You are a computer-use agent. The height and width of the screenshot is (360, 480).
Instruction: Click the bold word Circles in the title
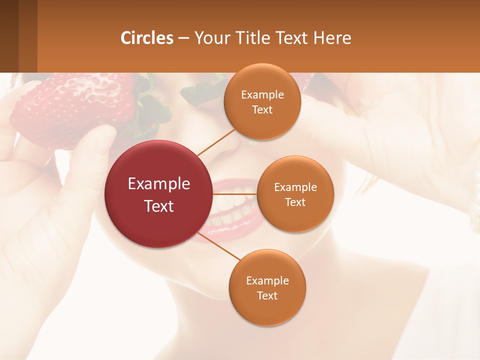(x=147, y=38)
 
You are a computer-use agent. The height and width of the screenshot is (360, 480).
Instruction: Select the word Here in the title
(x=332, y=38)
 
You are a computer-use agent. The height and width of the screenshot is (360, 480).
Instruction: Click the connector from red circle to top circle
(x=216, y=141)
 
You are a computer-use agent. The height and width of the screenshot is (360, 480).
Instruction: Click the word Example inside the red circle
(x=159, y=184)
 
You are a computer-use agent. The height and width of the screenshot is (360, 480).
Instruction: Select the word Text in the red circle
(x=159, y=206)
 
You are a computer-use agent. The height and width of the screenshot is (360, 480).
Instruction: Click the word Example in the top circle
(x=262, y=95)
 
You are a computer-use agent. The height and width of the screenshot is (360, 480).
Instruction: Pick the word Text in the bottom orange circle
(x=267, y=295)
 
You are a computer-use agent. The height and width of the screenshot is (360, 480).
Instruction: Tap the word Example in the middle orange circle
(x=295, y=187)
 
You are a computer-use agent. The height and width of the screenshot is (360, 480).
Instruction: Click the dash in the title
(x=183, y=38)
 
